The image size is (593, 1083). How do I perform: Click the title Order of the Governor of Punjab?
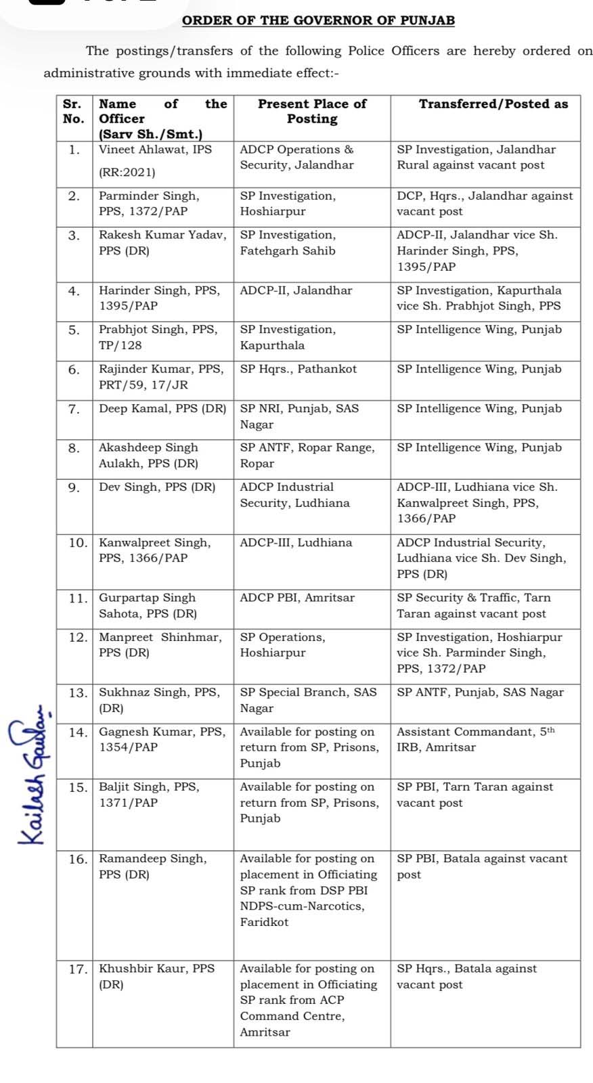point(318,20)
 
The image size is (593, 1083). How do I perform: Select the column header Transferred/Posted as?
point(493,104)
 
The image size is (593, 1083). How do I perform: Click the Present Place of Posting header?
point(312,112)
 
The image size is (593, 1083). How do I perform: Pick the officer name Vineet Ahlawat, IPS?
point(155,150)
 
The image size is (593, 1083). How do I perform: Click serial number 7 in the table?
point(74,409)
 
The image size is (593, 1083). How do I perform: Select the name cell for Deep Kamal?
point(162,409)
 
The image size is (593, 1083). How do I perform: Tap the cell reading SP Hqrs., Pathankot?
point(298,370)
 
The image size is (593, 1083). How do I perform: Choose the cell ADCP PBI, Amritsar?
point(297,598)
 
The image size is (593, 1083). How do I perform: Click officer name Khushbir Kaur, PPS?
point(156,969)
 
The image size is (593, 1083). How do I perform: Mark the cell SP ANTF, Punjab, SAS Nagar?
point(479,692)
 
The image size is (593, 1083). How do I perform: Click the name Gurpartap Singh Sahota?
point(148,606)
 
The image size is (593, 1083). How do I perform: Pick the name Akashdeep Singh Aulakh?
point(149,456)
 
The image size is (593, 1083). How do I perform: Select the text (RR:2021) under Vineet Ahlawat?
point(127,172)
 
